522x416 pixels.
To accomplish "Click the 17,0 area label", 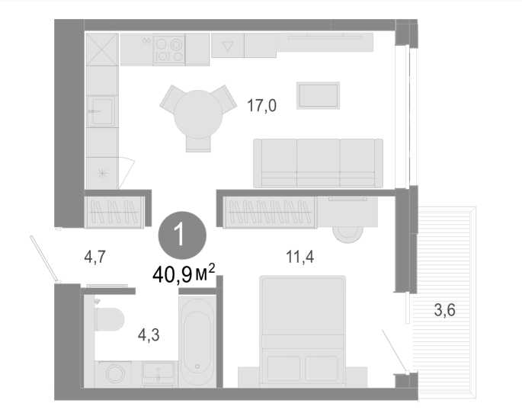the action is click(261, 106).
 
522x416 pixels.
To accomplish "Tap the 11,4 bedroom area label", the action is click(299, 257).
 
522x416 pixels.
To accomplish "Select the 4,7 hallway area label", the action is click(95, 257).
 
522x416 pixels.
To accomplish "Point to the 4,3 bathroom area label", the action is click(149, 334).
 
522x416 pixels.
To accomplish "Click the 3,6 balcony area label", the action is click(445, 310).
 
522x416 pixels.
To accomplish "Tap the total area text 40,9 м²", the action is click(184, 274).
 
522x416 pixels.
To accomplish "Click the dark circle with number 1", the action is click(182, 235).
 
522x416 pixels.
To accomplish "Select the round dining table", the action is click(198, 114).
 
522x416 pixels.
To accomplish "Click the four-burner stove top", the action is click(169, 50).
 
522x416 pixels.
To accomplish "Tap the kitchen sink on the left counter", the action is click(101, 111).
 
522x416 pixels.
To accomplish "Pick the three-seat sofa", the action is click(318, 163).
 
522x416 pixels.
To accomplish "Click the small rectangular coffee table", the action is click(319, 95).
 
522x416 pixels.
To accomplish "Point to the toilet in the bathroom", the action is click(110, 319).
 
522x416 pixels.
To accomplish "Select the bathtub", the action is click(197, 342).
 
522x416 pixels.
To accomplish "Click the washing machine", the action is click(114, 374).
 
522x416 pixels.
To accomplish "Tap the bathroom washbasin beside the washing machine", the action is click(159, 373).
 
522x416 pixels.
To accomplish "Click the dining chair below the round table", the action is click(198, 144).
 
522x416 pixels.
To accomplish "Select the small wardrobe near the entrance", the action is click(114, 212).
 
